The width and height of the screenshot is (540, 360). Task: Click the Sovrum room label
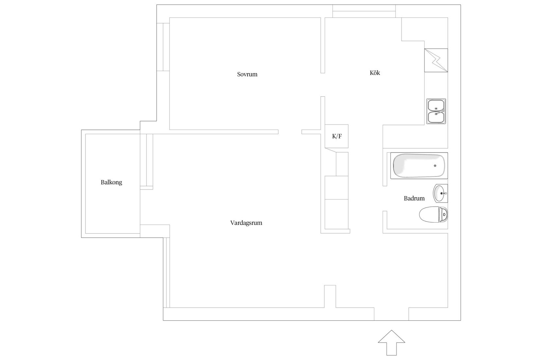(x=247, y=74)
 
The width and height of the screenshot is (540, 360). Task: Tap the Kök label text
(x=375, y=73)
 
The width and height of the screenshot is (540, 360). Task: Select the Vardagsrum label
(x=246, y=223)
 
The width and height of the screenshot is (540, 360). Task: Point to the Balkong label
(x=111, y=182)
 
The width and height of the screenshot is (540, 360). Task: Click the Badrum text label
(x=414, y=198)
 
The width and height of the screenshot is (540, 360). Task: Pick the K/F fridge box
(x=336, y=136)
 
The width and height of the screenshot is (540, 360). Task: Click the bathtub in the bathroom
(x=419, y=166)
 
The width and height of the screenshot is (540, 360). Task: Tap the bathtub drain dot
(x=435, y=166)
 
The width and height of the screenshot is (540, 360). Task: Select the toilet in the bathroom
(x=433, y=214)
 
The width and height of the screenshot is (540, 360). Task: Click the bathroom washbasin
(x=441, y=193)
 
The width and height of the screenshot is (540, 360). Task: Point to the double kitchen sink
(x=436, y=111)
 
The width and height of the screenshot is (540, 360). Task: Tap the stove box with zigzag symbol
(x=436, y=60)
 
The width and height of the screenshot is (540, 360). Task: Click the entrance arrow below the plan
(x=391, y=342)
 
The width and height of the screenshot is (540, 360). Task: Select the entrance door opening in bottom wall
(x=391, y=314)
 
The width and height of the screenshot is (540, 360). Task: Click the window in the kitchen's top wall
(x=364, y=11)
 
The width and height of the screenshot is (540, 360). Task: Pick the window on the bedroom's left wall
(x=163, y=47)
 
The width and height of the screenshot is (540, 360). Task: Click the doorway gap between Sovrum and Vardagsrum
(x=290, y=132)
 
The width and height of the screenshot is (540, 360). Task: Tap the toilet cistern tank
(x=443, y=214)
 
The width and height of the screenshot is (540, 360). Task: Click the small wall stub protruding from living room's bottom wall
(x=330, y=296)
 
